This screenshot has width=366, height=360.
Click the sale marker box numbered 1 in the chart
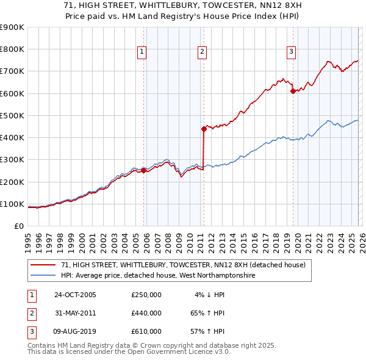pyautogui.click(x=141, y=52)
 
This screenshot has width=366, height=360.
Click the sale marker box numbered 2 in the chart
pyautogui.click(x=201, y=52)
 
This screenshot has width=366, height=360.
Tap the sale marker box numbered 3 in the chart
pyautogui.click(x=292, y=52)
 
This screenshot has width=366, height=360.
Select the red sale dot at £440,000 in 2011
pyautogui.click(x=204, y=129)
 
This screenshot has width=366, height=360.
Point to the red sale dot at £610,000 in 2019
pyautogui.click(x=293, y=91)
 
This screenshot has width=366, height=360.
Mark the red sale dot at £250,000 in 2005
pyautogui.click(x=144, y=171)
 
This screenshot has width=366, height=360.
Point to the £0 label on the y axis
pyautogui.click(x=19, y=226)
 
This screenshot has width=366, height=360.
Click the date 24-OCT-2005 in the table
pyautogui.click(x=75, y=295)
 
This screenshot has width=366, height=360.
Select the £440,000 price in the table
pyautogui.click(x=146, y=313)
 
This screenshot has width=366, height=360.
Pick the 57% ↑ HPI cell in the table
pyautogui.click(x=208, y=331)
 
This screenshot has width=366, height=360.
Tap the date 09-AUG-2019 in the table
pyautogui.click(x=75, y=331)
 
